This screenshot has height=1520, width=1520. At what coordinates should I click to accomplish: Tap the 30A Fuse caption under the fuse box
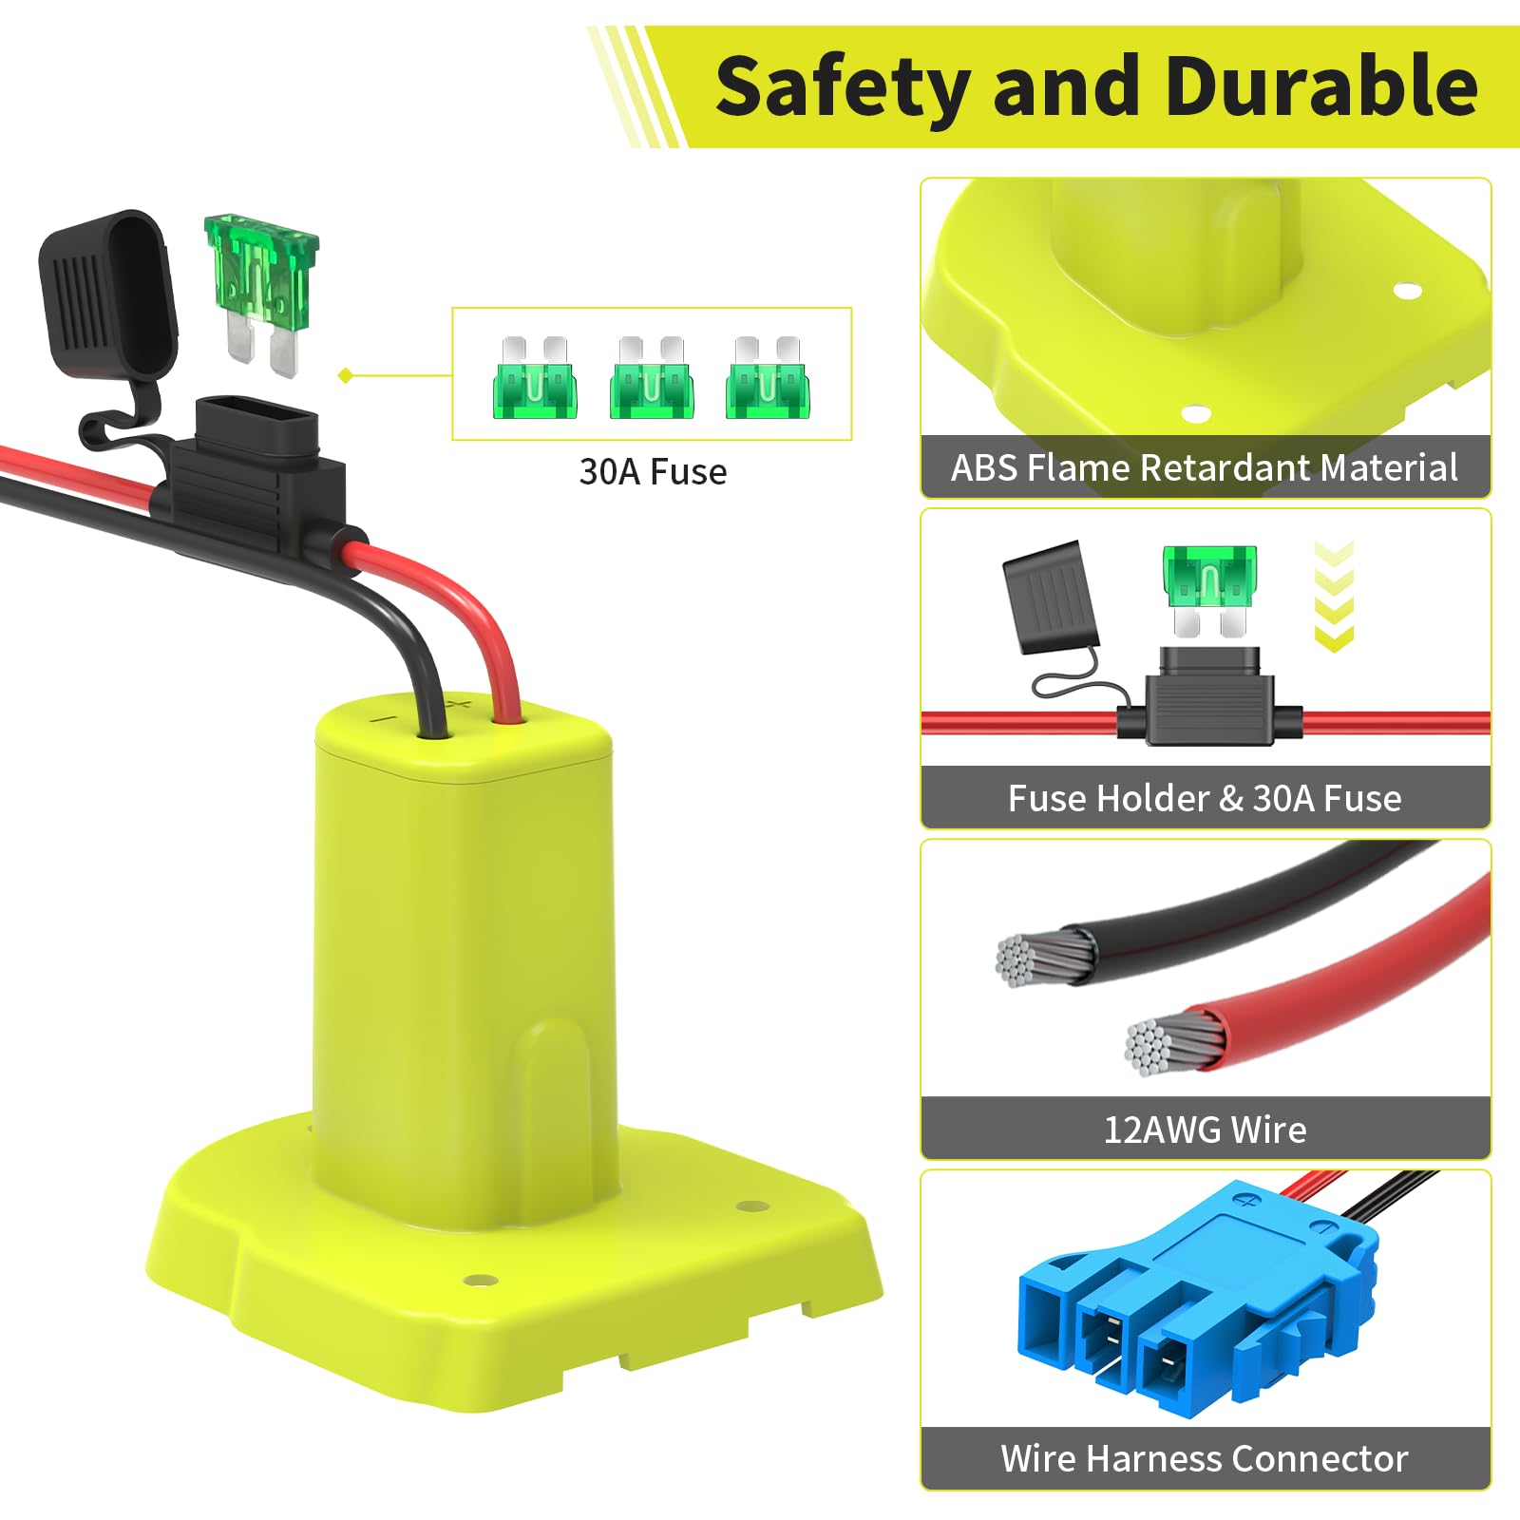tap(653, 472)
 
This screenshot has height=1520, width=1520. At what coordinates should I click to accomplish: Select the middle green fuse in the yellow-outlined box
tap(651, 377)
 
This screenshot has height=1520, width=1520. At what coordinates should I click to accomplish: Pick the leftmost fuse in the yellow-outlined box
tap(535, 377)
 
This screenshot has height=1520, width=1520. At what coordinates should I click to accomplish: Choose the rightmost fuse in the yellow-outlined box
tap(768, 377)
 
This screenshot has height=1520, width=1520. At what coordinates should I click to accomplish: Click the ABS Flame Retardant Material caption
tap(1205, 467)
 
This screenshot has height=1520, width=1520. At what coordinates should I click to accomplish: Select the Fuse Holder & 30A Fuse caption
tap(1205, 798)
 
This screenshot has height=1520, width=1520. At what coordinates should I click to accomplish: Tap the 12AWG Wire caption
tap(1205, 1130)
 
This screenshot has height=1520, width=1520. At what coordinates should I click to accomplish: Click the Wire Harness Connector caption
tap(1205, 1458)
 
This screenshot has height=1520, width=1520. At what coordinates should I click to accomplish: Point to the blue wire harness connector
tap(1198, 1293)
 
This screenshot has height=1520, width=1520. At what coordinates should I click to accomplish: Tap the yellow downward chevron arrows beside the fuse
tap(1333, 597)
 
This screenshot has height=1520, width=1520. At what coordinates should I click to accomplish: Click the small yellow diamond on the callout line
tap(346, 375)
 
